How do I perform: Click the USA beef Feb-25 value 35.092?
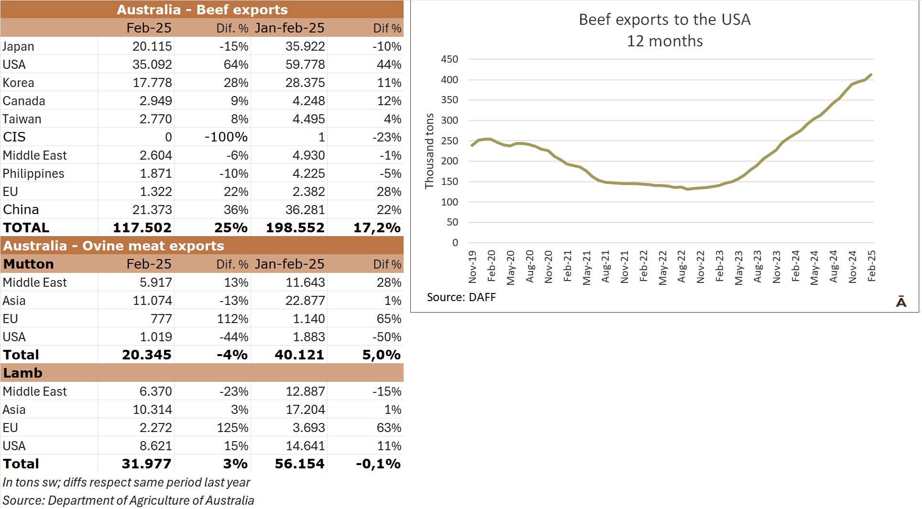pyautogui.click(x=152, y=65)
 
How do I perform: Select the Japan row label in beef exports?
pyautogui.click(x=19, y=46)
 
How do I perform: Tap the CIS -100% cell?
pyautogui.click(x=226, y=137)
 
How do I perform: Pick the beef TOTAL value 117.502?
pyautogui.click(x=142, y=227)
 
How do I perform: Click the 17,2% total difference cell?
pyautogui.click(x=377, y=227)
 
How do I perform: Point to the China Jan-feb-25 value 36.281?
pyautogui.click(x=305, y=210)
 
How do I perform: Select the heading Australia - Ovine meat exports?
pyautogui.click(x=114, y=246)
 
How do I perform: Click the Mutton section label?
pyautogui.click(x=29, y=264)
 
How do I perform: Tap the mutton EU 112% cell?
pyautogui.click(x=233, y=319)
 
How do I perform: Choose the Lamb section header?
pyautogui.click(x=23, y=373)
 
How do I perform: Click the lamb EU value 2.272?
pyautogui.click(x=155, y=428)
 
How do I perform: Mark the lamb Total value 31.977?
pyautogui.click(x=146, y=464)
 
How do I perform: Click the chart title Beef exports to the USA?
pyautogui.click(x=664, y=20)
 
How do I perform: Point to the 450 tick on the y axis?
pyautogui.click(x=450, y=59)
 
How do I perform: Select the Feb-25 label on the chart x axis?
pyautogui.click(x=871, y=266)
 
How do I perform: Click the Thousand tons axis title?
pyautogui.click(x=429, y=151)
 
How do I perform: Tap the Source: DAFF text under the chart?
pyautogui.click(x=461, y=297)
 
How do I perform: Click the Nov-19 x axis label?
pyautogui.click(x=472, y=267)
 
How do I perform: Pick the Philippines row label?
pyautogui.click(x=33, y=173)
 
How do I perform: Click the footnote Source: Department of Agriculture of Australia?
pyautogui.click(x=128, y=500)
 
